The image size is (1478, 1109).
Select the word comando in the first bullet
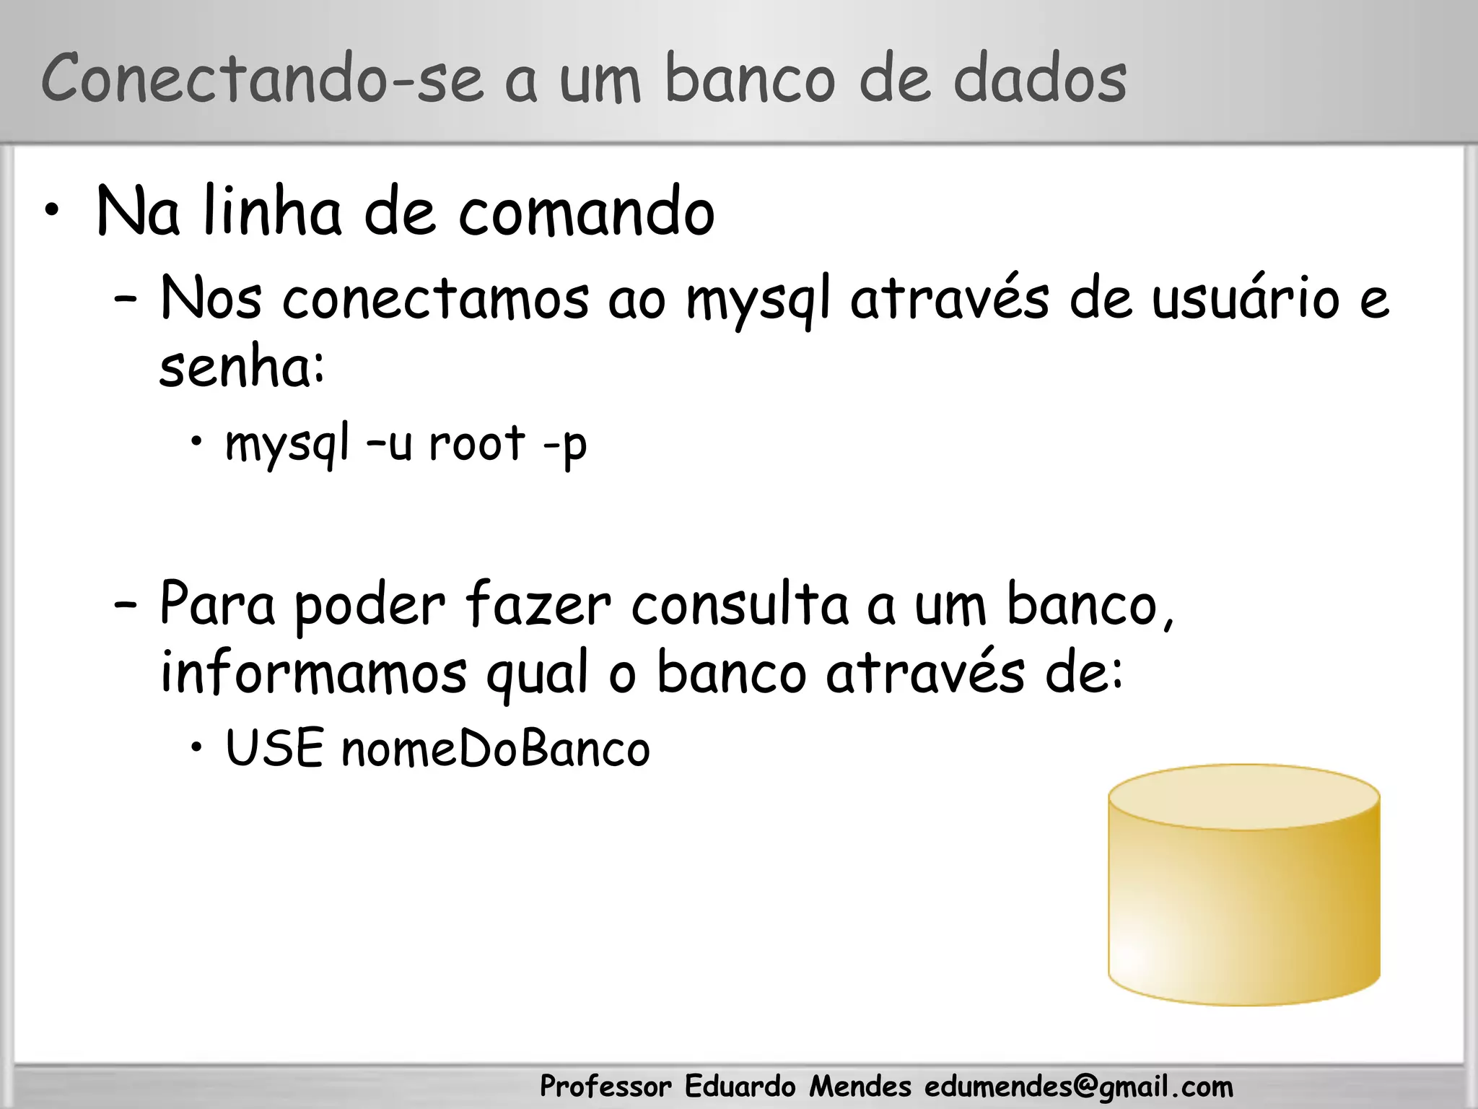point(586,212)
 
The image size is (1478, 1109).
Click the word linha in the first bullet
point(272,212)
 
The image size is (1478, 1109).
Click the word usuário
point(1245,299)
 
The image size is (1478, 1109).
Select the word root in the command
point(476,443)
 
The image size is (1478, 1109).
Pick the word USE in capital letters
point(275,748)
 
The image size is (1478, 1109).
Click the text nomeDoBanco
point(496,749)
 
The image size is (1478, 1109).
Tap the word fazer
point(538,605)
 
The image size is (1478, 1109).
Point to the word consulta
point(740,605)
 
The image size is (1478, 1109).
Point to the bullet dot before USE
point(196,748)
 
